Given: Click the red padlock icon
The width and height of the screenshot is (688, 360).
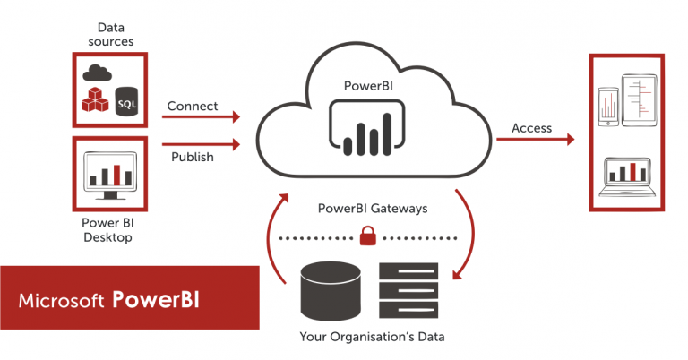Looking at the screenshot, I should coord(367,236).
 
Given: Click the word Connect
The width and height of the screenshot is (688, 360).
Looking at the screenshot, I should coord(193,106).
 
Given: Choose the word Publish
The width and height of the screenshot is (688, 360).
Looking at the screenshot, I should coord(193,157).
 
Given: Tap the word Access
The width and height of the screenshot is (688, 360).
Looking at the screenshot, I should coord(531,128).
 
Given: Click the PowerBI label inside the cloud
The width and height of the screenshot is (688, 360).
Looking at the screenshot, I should coord(365,87).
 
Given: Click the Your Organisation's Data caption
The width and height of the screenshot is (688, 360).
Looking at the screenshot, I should coord(373,338).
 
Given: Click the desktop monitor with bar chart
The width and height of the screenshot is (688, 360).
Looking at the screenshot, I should coord(108,176).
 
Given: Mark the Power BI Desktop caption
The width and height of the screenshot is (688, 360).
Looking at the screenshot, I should coord(108,230).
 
